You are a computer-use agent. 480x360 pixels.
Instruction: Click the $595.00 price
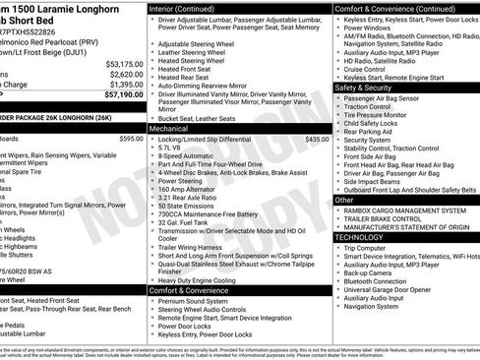pos(131,140)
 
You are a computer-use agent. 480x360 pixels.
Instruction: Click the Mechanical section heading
pos(170,128)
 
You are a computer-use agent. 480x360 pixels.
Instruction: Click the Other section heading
pos(344,200)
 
